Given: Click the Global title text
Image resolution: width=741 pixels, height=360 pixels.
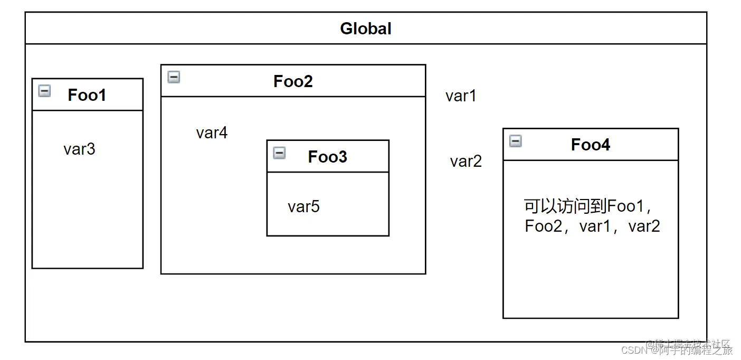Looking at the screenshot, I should [x=366, y=29].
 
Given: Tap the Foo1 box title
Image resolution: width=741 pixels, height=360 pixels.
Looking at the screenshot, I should [x=87, y=95].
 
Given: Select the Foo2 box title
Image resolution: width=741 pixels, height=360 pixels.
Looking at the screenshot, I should [x=293, y=81].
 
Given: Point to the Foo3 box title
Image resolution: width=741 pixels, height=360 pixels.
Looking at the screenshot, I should [x=327, y=157].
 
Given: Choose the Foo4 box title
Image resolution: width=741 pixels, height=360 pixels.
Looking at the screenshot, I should [x=591, y=145].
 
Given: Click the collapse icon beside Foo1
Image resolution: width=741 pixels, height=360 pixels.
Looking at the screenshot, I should [x=45, y=91].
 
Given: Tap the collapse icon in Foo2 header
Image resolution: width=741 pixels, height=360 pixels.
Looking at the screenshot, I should [x=174, y=77].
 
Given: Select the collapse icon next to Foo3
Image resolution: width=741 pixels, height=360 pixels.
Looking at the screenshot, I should [x=279, y=153].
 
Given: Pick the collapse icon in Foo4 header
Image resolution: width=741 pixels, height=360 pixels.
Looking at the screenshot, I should [x=516, y=141].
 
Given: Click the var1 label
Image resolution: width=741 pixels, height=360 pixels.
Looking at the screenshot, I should [x=461, y=96].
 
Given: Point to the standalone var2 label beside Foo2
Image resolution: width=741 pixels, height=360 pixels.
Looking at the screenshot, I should [x=465, y=162].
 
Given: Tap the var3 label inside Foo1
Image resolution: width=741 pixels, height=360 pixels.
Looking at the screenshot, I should [x=79, y=149].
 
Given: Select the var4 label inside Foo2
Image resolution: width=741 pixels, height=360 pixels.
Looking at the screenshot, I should [x=212, y=133].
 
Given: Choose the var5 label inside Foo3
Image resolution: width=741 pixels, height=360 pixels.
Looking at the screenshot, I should [x=303, y=207].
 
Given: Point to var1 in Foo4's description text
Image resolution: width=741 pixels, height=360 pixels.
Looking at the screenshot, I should [x=595, y=226].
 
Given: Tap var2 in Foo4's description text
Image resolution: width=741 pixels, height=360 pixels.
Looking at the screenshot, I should [x=644, y=226].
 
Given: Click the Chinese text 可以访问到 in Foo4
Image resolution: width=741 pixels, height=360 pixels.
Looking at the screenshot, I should [x=565, y=206].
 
